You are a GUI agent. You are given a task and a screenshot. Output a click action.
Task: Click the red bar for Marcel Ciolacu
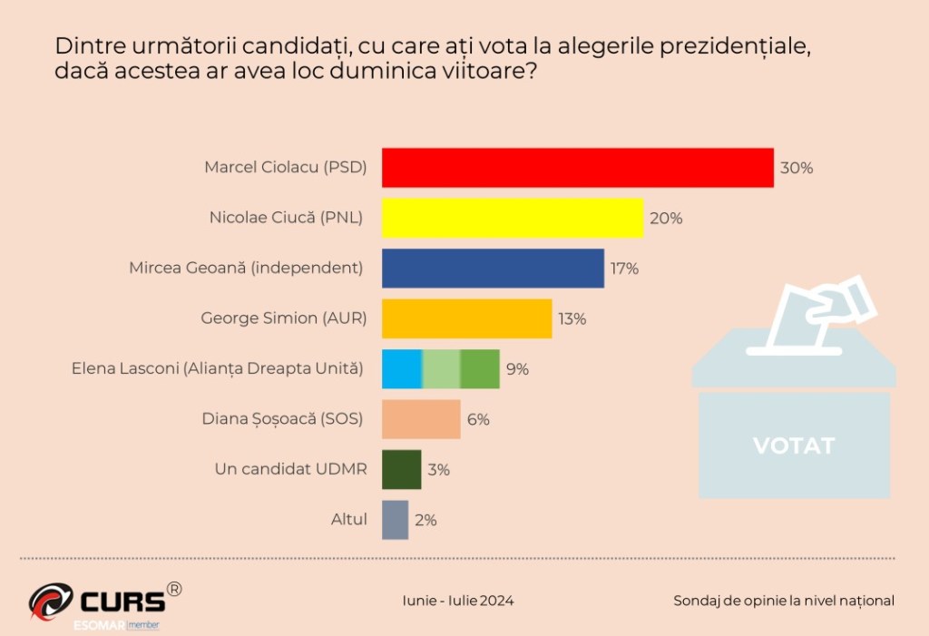point(577,168)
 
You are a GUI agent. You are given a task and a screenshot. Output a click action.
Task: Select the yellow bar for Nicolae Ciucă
point(512,218)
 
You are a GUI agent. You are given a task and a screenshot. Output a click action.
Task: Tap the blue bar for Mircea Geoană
point(493,269)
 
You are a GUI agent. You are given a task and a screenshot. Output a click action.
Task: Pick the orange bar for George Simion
point(466,318)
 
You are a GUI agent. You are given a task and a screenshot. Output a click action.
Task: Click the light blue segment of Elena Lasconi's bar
point(401,368)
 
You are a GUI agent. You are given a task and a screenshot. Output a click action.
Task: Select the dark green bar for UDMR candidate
point(401,469)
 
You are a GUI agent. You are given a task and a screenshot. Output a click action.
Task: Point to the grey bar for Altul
point(395,520)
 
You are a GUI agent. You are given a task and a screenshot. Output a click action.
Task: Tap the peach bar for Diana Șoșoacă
point(421,419)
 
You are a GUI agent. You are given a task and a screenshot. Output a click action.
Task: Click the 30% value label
point(797,169)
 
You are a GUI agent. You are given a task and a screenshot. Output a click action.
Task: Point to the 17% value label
point(624,269)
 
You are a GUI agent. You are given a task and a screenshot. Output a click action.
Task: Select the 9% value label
point(518,369)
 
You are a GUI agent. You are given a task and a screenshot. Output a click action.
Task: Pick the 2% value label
point(426,520)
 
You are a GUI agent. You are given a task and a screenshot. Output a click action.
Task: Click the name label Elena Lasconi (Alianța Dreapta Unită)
point(218,369)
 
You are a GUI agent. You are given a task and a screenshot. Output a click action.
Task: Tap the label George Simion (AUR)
point(281,318)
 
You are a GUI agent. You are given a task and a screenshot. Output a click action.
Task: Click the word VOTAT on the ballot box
point(794,446)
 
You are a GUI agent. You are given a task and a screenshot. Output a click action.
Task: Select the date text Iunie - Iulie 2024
point(458,601)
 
